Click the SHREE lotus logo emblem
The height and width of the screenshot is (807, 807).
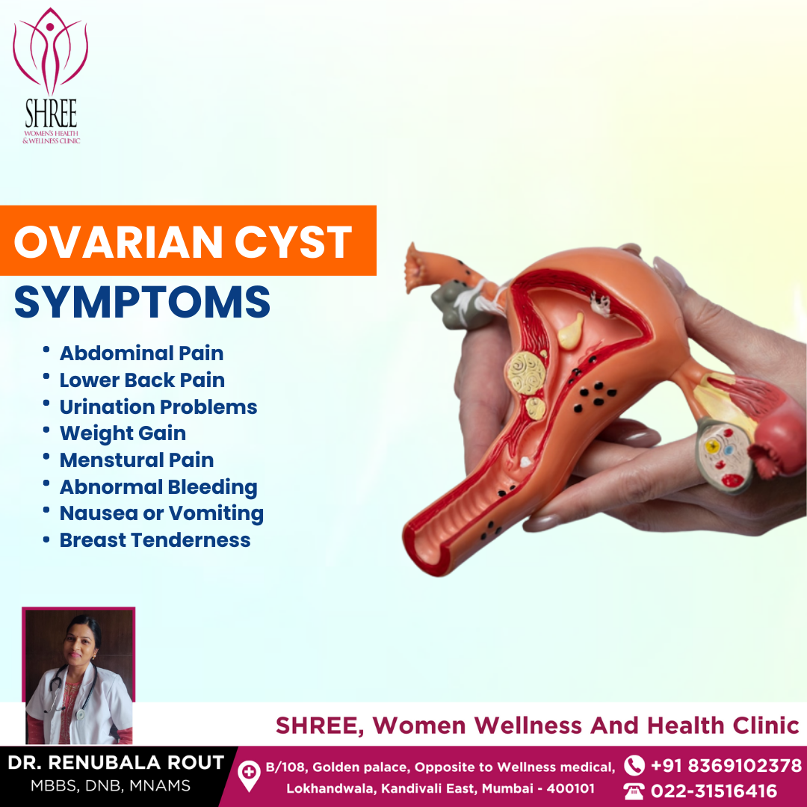[51, 52]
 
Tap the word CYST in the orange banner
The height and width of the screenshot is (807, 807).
[294, 242]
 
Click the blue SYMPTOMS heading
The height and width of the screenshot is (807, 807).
[142, 302]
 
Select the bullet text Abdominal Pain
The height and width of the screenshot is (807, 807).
[141, 353]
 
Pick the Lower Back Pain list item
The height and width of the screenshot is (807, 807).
[142, 380]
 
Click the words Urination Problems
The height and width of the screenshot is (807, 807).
[158, 406]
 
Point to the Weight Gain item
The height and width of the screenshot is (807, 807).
[123, 433]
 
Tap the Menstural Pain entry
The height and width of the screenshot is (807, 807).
[137, 460]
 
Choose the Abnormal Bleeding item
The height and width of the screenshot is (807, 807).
[158, 487]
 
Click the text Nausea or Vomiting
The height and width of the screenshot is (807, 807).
[161, 513]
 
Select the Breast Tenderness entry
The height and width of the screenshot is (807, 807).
[155, 540]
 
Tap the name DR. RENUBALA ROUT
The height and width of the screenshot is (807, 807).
[116, 762]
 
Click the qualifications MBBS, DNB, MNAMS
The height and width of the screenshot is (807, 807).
[111, 785]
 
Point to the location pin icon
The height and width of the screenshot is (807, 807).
[249, 776]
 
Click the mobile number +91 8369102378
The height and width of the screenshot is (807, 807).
[726, 766]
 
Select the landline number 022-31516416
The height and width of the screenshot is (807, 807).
[714, 791]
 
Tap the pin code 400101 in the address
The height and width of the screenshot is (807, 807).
[570, 788]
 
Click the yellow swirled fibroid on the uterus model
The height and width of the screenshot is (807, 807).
[525, 374]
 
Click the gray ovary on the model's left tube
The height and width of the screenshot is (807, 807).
[458, 306]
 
